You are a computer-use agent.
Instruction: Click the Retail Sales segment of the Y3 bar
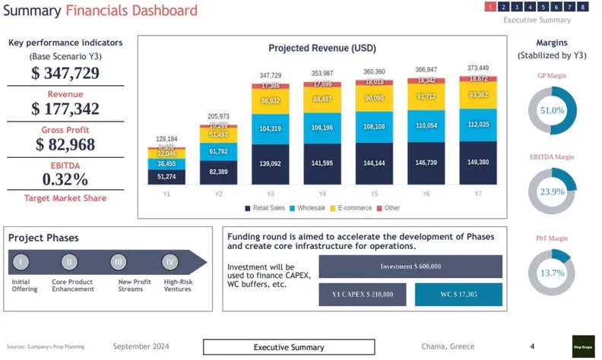point(270,164)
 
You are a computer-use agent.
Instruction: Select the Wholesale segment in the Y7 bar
point(477,125)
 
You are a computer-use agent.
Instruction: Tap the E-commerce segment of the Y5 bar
point(375,98)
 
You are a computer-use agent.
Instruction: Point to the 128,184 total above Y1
point(166,140)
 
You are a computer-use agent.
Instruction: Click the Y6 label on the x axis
point(426,194)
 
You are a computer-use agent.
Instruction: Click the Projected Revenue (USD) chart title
point(322,49)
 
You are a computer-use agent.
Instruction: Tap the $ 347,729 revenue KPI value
point(65,74)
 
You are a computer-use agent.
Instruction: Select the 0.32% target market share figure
point(65,179)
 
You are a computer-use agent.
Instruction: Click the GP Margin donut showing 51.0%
point(552,110)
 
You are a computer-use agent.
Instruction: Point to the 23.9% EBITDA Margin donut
point(552,192)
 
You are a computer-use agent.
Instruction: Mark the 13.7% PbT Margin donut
point(552,273)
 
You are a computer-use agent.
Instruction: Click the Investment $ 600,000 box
point(410,267)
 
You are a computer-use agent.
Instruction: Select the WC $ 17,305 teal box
point(458,294)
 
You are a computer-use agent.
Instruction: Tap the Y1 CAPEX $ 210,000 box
point(363,294)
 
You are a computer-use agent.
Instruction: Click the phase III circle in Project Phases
point(118,262)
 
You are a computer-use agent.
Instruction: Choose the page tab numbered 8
point(583,7)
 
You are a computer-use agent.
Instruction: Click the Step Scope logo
point(583,346)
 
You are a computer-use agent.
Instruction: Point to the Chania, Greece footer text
point(448,346)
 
